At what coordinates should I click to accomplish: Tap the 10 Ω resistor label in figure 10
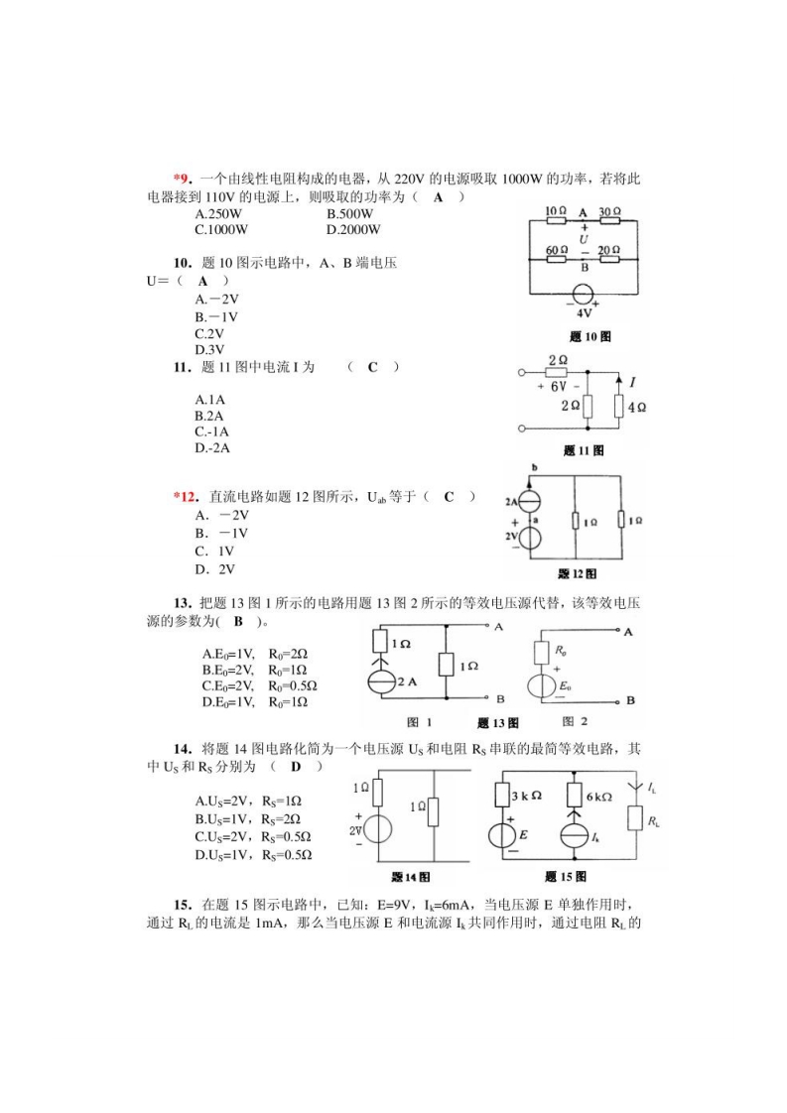(556, 211)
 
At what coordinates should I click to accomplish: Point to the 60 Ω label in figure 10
(557, 250)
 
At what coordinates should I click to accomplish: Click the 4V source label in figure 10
(584, 311)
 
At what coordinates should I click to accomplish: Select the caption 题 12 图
(577, 573)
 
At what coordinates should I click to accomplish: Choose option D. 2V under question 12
(214, 569)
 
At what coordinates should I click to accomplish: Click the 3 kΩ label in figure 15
(525, 796)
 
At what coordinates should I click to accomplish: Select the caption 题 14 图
(410, 877)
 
